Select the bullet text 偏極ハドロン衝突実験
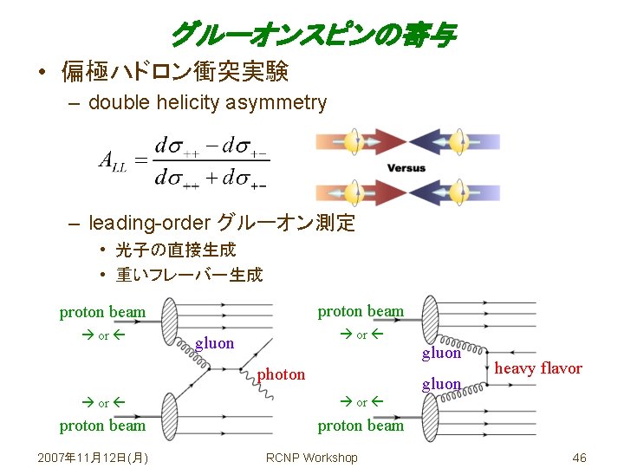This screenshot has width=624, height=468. (174, 71)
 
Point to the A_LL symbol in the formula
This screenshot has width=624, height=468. (113, 161)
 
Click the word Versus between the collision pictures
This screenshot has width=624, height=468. (406, 167)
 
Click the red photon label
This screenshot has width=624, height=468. (282, 374)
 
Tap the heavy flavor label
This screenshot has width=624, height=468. (538, 368)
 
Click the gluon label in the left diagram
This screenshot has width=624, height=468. (215, 343)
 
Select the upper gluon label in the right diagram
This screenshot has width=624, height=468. (441, 353)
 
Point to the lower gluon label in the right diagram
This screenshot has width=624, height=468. (441, 384)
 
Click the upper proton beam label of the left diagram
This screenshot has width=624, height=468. (102, 312)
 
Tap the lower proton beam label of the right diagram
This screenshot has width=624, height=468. (361, 426)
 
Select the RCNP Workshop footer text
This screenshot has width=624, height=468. (311, 458)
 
